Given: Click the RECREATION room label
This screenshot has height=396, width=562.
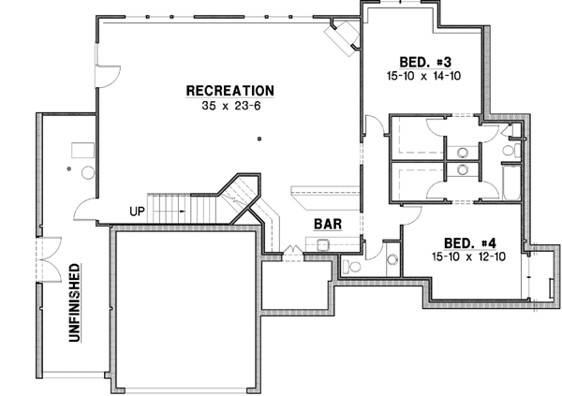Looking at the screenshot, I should pos(229,91).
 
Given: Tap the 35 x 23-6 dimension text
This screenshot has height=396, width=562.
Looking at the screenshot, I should pos(229,106).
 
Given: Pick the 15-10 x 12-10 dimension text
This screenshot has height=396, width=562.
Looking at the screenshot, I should pos(469,256).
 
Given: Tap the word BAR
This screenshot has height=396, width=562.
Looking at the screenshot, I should pos(327,225).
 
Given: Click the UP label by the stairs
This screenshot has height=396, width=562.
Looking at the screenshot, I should pos(137,211).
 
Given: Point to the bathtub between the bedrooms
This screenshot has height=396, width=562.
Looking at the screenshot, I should pos(510,183).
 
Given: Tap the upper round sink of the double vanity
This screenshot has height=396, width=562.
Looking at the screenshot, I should pos(462,150).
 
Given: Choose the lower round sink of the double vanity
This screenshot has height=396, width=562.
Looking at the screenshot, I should pos(462,169).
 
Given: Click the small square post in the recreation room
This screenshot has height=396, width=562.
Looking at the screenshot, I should pos(261,139).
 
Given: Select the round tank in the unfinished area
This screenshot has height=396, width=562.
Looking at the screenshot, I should pos(89,172).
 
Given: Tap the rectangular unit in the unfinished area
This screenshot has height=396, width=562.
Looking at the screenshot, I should pos(81,148).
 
